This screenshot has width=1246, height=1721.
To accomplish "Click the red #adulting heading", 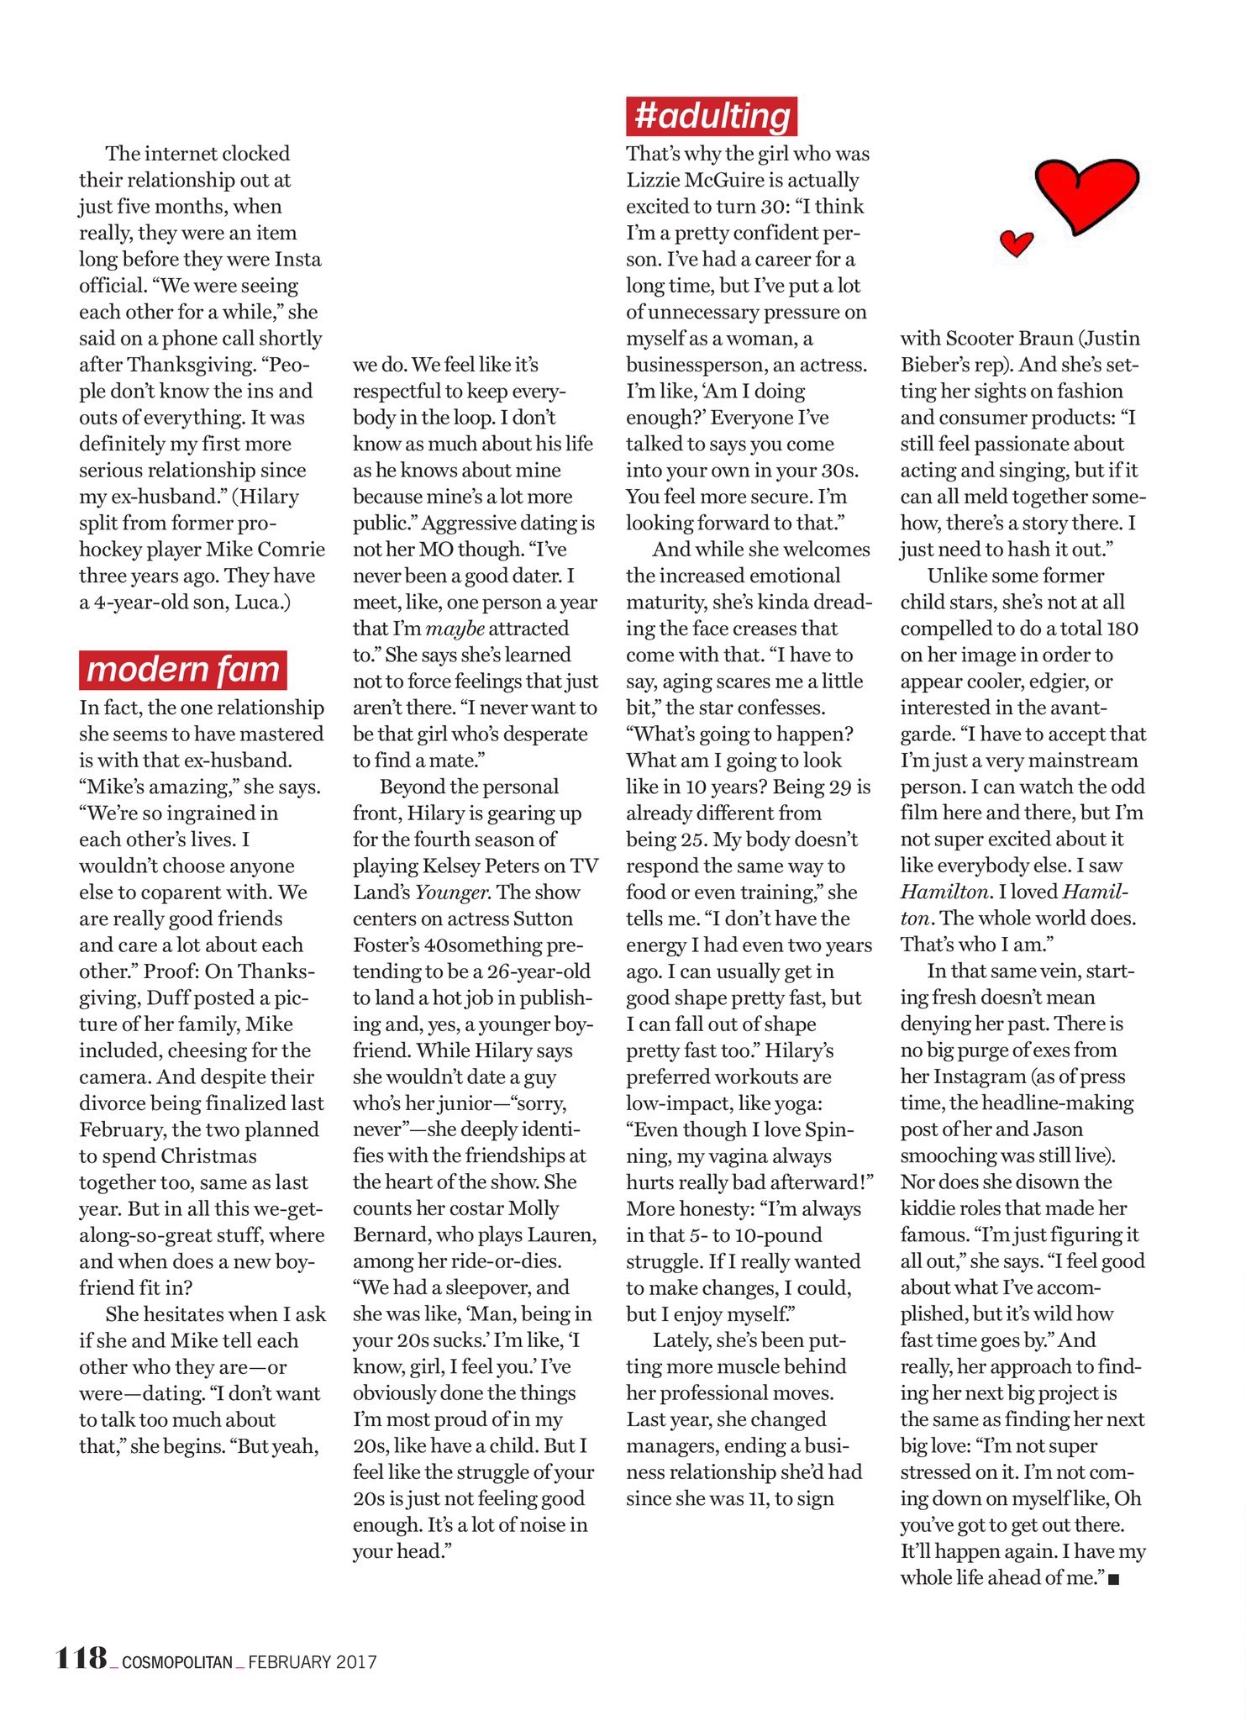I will (x=711, y=116).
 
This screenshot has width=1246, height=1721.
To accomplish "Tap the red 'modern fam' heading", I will (x=182, y=671).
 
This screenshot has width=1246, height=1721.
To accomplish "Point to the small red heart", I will (x=1016, y=244).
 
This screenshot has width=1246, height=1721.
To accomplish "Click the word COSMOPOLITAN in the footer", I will (x=177, y=1662).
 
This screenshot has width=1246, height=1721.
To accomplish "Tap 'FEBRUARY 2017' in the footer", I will (x=312, y=1662).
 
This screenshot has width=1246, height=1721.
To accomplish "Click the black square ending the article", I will (x=1114, y=1581).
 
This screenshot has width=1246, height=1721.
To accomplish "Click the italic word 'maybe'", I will (x=455, y=629).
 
